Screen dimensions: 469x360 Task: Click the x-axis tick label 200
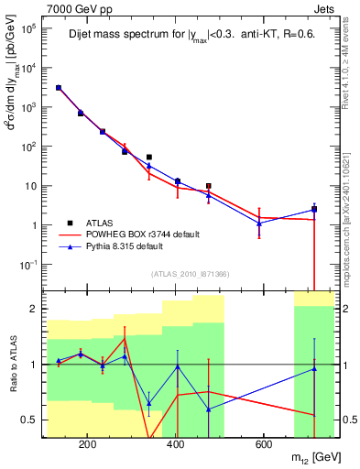pos(88,444)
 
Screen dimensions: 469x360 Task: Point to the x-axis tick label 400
pos(176,444)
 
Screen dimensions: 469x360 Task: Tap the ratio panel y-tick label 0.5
pos(28,420)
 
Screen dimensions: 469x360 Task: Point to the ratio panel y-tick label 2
pos(33,309)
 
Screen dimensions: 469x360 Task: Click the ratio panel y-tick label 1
pos(33,365)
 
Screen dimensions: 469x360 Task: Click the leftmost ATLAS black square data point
pos(59,88)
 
